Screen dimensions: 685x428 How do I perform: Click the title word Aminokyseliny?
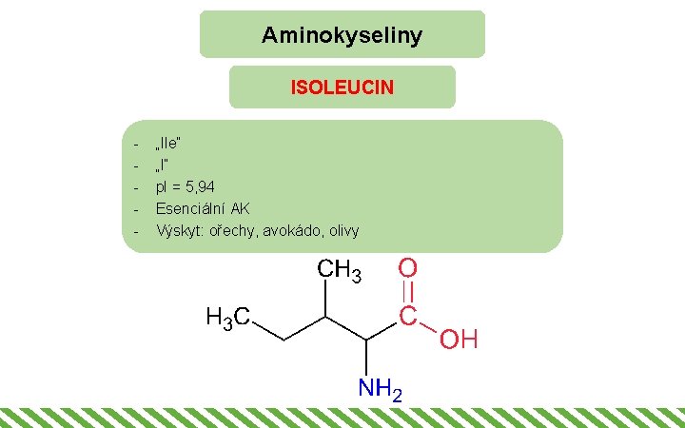342,36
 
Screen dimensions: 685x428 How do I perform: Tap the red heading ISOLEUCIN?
342,88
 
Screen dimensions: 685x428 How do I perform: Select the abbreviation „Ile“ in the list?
169,143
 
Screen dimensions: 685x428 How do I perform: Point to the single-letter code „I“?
163,165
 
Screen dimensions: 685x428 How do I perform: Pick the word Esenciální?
190,208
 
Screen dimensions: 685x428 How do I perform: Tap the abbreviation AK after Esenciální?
241,208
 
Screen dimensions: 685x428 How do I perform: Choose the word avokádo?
282,230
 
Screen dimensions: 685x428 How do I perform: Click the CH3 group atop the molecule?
339,272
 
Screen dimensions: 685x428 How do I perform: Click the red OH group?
458,340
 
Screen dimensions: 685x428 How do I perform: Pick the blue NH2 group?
380,388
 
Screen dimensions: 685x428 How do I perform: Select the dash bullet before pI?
138,186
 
